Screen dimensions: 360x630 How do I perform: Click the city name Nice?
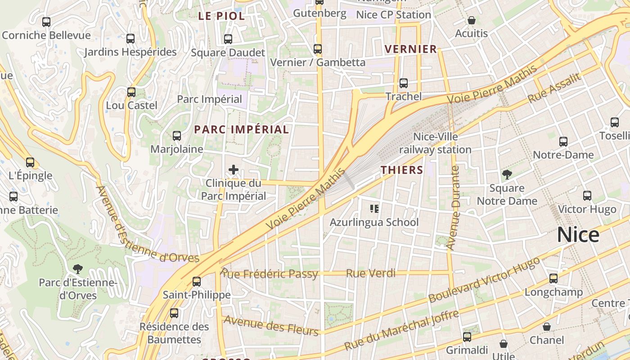(x=578, y=235)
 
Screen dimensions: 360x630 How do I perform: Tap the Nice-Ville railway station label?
(x=435, y=143)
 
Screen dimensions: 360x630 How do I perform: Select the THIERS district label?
(x=402, y=170)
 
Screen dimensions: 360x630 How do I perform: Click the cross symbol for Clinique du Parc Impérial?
(x=234, y=170)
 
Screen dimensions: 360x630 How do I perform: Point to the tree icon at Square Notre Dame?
(x=507, y=175)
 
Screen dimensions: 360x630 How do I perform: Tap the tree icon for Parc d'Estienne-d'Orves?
(x=78, y=269)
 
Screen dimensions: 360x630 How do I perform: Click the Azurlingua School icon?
(x=374, y=209)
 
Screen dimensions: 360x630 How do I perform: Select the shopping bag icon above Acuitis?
(x=471, y=20)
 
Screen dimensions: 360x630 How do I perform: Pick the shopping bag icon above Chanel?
(x=547, y=327)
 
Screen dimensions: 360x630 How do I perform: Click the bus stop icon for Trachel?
(x=404, y=83)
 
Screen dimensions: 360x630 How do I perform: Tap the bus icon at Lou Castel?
(x=131, y=92)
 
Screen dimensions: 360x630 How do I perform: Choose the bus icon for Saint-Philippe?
(x=197, y=282)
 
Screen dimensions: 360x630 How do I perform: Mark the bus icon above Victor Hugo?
(x=587, y=196)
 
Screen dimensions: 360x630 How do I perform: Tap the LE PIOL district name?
(x=221, y=16)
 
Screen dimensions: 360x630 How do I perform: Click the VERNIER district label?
(x=410, y=49)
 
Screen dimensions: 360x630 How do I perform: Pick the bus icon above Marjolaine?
(x=177, y=135)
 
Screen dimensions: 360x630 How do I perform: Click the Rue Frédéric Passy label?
(x=269, y=274)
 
